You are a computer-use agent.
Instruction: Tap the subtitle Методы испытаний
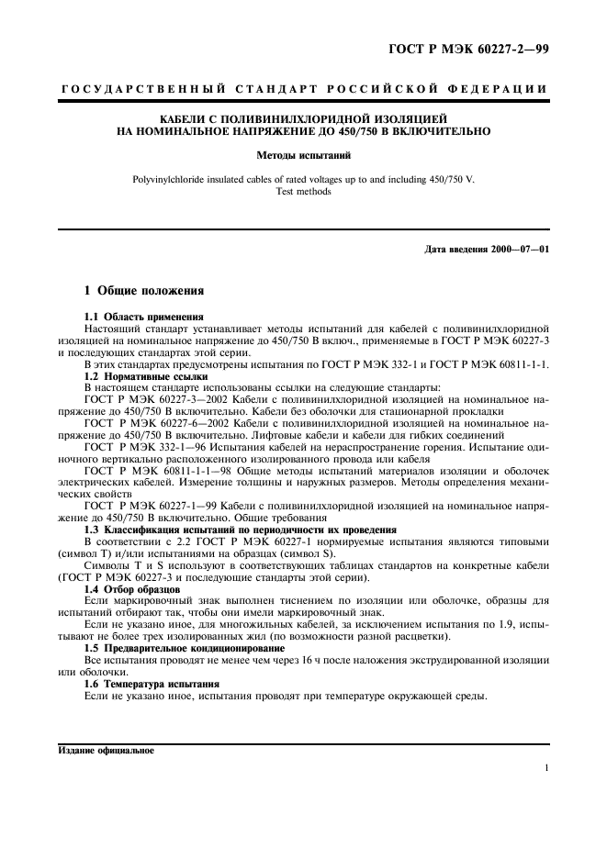pos(304,156)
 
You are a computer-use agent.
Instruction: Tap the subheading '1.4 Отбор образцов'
pos(128,588)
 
